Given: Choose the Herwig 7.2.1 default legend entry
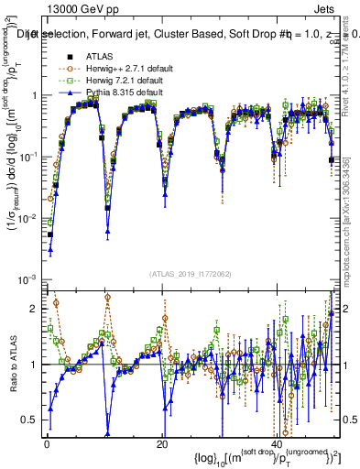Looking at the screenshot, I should click(x=121, y=81).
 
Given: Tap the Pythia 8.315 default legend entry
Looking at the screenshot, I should click(x=120, y=93).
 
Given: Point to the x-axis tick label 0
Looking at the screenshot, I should click(x=46, y=443).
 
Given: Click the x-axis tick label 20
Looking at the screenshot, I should click(x=162, y=443).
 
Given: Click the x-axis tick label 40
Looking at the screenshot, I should click(x=278, y=443).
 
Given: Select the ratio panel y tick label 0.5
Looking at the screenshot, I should click(x=29, y=420).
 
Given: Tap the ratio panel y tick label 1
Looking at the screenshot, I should click(x=33, y=365).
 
